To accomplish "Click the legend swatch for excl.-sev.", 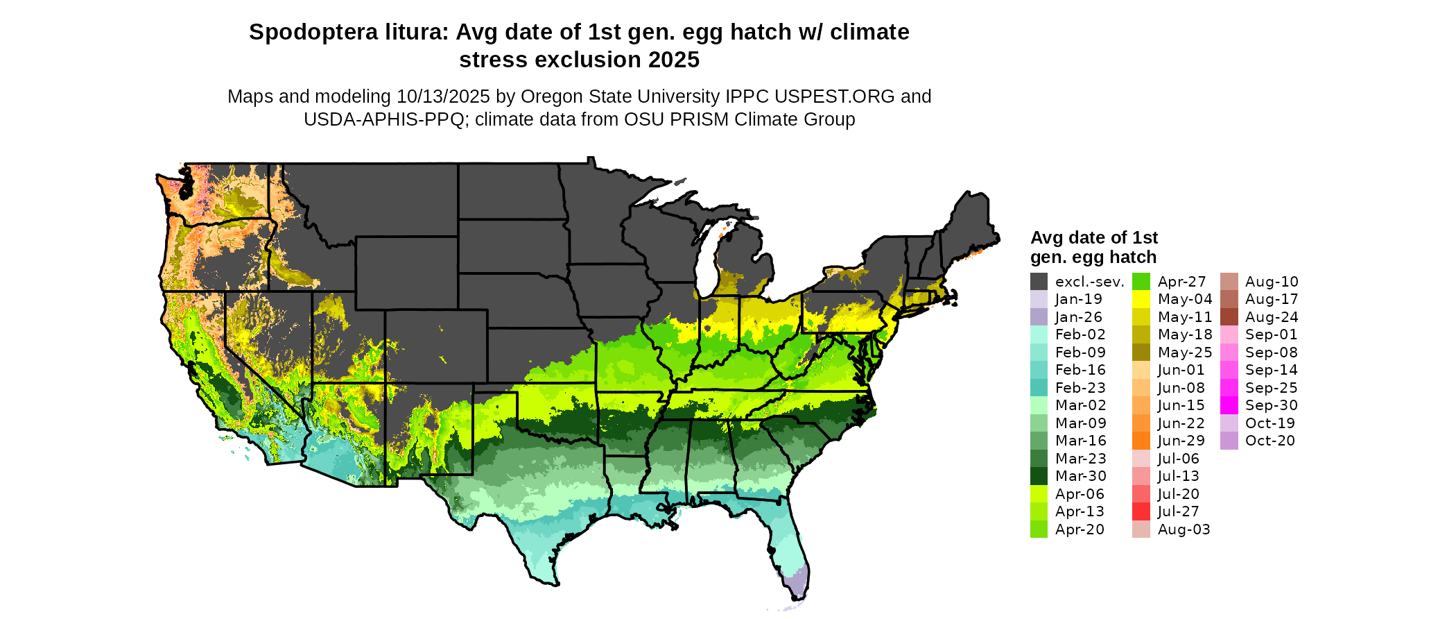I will [1039, 282].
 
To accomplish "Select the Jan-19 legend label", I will [1078, 300].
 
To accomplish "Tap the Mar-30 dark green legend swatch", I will [1039, 476].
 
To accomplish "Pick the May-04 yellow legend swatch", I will [1141, 300].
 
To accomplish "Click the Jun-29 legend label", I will [1181, 441].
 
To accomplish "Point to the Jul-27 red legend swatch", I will [1141, 511].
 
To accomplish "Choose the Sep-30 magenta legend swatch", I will [1229, 405].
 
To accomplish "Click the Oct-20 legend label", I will [1269, 441].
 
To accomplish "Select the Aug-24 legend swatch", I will [1229, 317].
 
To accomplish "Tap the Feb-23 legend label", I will [1080, 388].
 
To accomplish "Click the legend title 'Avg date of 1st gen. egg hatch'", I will [1093, 247].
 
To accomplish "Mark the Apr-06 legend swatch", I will [1039, 494].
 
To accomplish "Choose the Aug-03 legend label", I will [1184, 529].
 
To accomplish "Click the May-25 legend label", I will [1185, 353].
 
